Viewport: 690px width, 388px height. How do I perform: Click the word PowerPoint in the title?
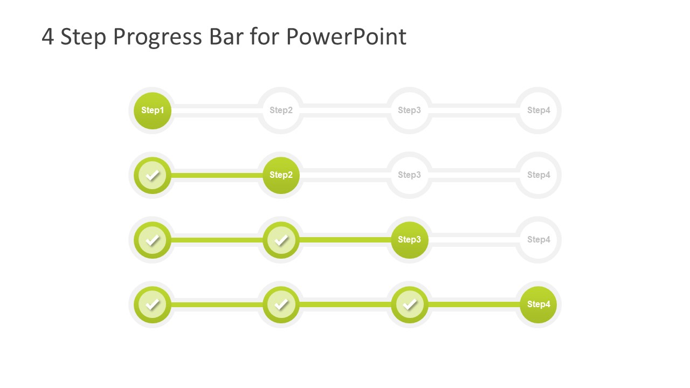click(x=346, y=37)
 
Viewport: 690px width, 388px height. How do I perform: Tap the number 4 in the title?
click(x=47, y=37)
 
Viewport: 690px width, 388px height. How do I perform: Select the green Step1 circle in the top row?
click(x=153, y=110)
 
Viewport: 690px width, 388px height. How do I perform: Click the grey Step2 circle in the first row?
click(x=281, y=110)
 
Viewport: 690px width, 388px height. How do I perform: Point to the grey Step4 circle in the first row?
click(x=539, y=110)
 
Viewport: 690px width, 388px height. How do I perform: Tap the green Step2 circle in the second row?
click(x=281, y=175)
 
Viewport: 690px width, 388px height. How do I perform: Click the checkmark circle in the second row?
click(x=153, y=175)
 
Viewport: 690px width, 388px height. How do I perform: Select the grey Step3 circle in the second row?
click(x=409, y=175)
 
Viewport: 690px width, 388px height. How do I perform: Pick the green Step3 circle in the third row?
click(x=409, y=240)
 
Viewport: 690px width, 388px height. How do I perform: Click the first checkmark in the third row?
click(x=153, y=240)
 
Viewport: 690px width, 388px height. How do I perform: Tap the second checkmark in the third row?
click(x=281, y=240)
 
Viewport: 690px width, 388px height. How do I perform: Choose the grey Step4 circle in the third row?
click(x=539, y=240)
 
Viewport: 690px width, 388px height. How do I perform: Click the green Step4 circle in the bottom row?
click(x=539, y=304)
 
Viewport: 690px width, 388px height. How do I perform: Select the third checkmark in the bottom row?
click(x=409, y=304)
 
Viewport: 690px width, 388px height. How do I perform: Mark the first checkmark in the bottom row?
click(x=153, y=304)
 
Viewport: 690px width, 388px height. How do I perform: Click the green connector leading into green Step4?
click(x=473, y=304)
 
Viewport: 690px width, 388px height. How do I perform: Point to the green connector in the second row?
click(x=217, y=175)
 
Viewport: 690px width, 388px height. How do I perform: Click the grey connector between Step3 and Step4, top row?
click(x=473, y=110)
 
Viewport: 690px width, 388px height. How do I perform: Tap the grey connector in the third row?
click(x=473, y=240)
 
